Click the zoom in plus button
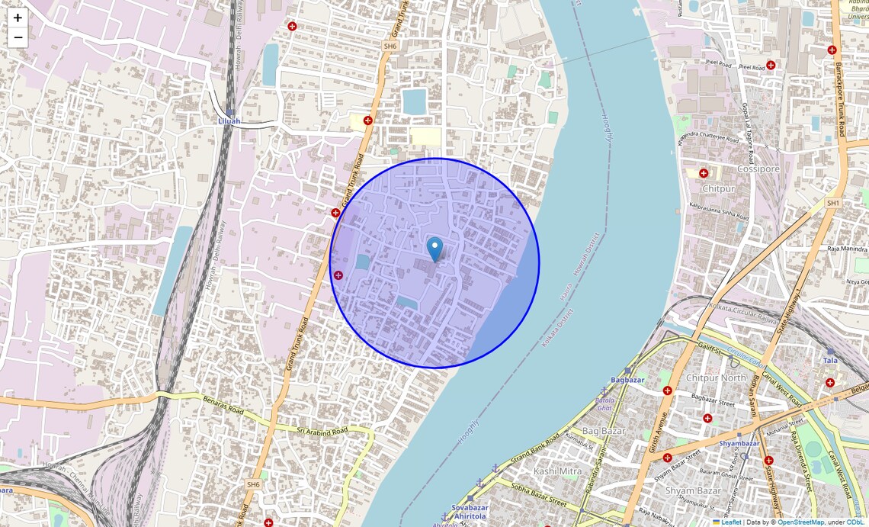coord(18,18)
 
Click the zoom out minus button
coord(18,37)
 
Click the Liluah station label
coord(229,121)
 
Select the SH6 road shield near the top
coord(390,47)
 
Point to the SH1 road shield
coord(832,203)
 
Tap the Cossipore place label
coord(758,169)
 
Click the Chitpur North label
coord(716,378)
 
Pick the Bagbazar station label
coord(627,380)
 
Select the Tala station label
coord(829,360)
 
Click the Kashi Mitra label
coord(557,471)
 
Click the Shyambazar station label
coord(739,443)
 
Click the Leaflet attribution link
coord(731,522)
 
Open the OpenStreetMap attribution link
coord(800,522)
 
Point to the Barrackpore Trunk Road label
coord(839,99)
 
